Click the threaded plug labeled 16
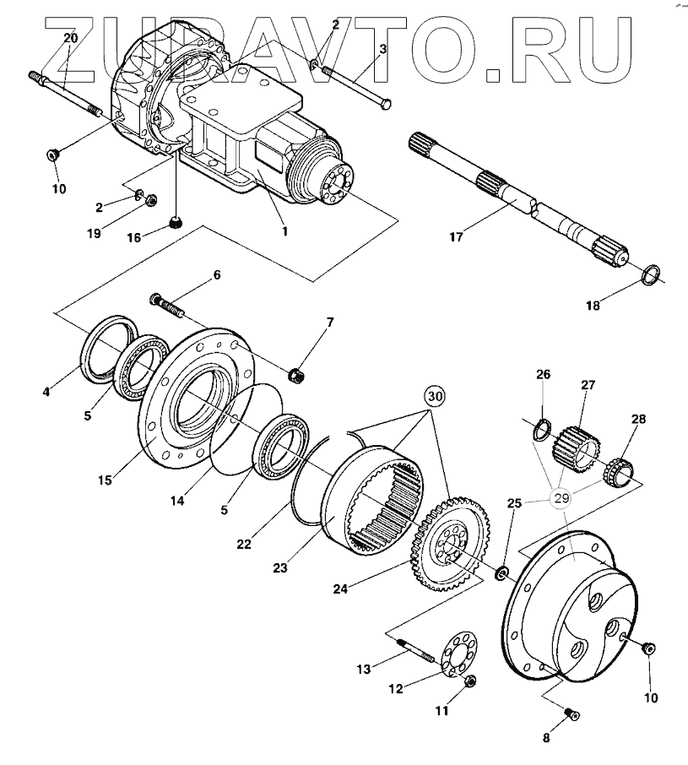pyautogui.click(x=176, y=223)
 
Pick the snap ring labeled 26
pyautogui.click(x=538, y=431)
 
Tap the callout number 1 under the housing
pyautogui.click(x=284, y=230)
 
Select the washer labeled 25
pyautogui.click(x=501, y=574)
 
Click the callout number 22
pyautogui.click(x=244, y=544)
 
